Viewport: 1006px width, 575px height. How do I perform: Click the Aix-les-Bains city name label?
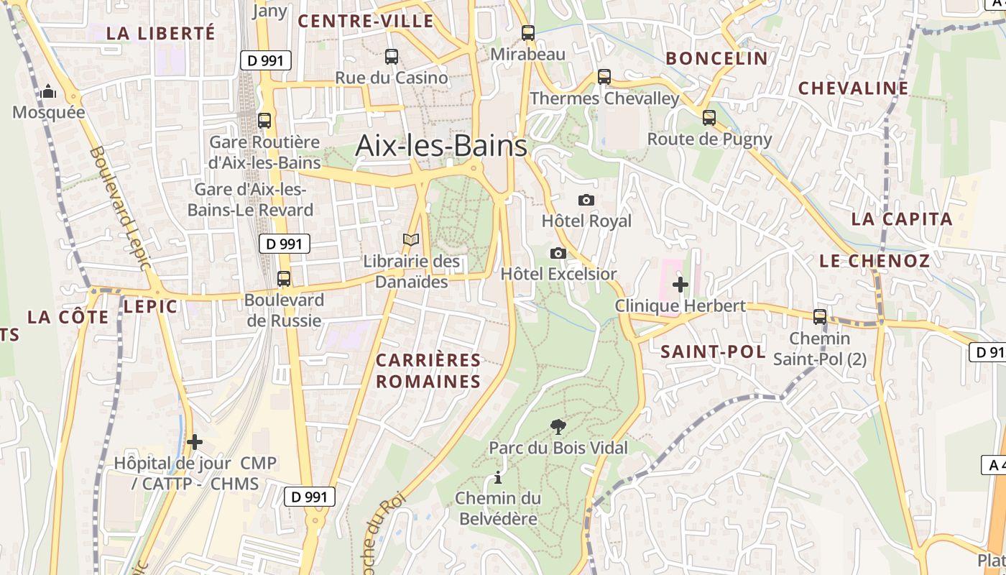(441, 146)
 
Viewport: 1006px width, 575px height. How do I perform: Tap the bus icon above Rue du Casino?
(392, 56)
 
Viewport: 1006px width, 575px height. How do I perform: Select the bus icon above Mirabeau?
(528, 32)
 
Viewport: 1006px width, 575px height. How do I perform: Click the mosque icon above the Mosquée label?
(48, 91)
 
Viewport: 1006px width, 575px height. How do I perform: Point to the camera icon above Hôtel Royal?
(586, 200)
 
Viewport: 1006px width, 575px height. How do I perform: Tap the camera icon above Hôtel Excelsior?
(558, 253)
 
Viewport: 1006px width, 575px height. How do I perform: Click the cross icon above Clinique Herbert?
(680, 285)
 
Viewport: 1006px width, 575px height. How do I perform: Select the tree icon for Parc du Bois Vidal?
(558, 427)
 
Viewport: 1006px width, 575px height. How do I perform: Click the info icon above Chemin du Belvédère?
(497, 477)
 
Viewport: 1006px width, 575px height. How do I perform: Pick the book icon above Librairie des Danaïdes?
(411, 240)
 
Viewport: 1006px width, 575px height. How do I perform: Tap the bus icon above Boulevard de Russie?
(284, 279)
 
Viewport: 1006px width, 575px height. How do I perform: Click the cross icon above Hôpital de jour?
(194, 441)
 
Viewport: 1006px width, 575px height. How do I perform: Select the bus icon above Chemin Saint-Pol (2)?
(819, 316)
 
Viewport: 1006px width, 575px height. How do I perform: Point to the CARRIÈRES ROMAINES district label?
(428, 370)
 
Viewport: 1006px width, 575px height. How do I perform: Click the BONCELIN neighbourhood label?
(716, 58)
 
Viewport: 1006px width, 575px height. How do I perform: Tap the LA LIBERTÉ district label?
(160, 33)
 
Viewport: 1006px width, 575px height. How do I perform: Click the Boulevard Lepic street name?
(121, 208)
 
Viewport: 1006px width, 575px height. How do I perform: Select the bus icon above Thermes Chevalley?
(604, 76)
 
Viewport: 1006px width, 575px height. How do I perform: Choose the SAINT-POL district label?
(712, 351)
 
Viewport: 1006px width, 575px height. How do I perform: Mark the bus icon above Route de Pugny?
(709, 117)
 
